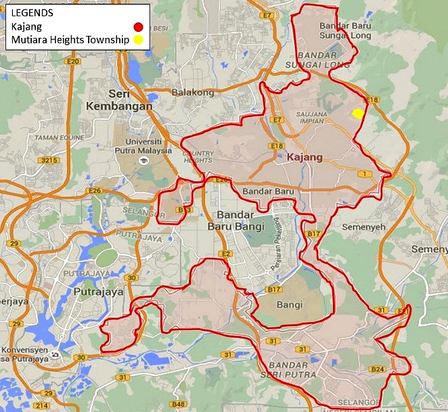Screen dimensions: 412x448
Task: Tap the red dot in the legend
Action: pyautogui.click(x=137, y=28)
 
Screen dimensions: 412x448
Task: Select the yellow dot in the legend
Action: pyautogui.click(x=137, y=40)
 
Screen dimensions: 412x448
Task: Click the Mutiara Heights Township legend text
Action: pyautogui.click(x=70, y=40)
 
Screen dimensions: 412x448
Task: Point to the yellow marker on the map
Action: pyautogui.click(x=359, y=114)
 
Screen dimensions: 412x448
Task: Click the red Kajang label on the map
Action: pyautogui.click(x=305, y=158)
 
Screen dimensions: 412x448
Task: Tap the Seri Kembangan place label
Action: pyautogui.click(x=114, y=100)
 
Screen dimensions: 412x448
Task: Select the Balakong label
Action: pyautogui.click(x=193, y=92)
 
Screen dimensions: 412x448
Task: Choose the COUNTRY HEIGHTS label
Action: pyautogui.click(x=198, y=156)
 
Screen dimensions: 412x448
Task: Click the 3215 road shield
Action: pyautogui.click(x=49, y=160)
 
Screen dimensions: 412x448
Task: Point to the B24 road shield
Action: pyautogui.click(x=377, y=369)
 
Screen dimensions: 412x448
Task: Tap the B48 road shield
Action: pyautogui.click(x=179, y=405)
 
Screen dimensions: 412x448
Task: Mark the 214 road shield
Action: pyautogui.click(x=42, y=405)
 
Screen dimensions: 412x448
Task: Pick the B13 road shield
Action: pyautogui.click(x=180, y=210)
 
